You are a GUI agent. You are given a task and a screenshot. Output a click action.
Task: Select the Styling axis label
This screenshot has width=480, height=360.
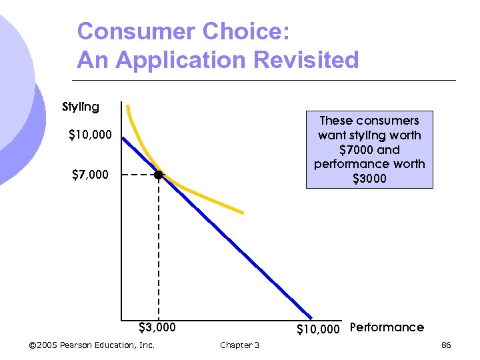(x=81, y=107)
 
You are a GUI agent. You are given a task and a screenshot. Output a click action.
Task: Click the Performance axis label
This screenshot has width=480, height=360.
(x=387, y=327)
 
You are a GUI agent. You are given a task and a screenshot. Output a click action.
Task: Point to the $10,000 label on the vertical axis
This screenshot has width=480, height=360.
(x=91, y=135)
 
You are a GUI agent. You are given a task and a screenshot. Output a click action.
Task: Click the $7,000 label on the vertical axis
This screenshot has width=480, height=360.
(x=91, y=175)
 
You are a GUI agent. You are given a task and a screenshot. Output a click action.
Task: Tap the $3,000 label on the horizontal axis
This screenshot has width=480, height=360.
(x=157, y=327)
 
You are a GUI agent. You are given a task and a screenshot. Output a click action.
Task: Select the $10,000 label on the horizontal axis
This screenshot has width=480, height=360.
(x=318, y=328)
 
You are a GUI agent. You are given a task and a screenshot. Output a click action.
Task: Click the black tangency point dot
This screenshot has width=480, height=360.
(x=158, y=175)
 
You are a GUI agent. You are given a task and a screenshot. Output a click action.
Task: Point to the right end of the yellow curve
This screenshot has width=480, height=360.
(x=243, y=213)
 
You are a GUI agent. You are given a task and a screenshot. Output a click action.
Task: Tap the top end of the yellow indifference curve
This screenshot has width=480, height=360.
(x=128, y=106)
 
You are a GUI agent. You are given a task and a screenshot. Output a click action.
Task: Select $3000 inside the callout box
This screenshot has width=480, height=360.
(x=369, y=179)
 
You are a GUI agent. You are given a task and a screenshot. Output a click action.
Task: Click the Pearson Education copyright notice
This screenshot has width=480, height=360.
(x=92, y=345)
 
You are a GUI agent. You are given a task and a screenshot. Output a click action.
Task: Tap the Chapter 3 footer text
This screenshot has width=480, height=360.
(x=240, y=345)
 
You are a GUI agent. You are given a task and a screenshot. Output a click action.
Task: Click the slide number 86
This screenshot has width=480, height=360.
(x=446, y=345)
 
